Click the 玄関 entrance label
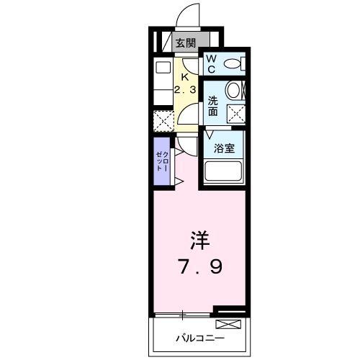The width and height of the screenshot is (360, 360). tap(186, 42)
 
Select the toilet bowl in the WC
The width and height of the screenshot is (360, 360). tap(233, 64)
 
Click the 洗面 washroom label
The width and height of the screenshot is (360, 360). tap(215, 105)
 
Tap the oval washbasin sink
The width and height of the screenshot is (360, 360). tap(233, 90)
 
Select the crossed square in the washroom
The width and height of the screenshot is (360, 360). tap(235, 112)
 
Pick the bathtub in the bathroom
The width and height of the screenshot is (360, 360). tap(224, 172)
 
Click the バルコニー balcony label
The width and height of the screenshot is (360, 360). tap(200, 338)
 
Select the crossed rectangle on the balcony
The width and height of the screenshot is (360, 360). tap(230, 312)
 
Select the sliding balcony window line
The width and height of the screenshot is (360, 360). tap(184, 315)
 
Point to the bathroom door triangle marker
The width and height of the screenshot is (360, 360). tap(210, 135)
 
